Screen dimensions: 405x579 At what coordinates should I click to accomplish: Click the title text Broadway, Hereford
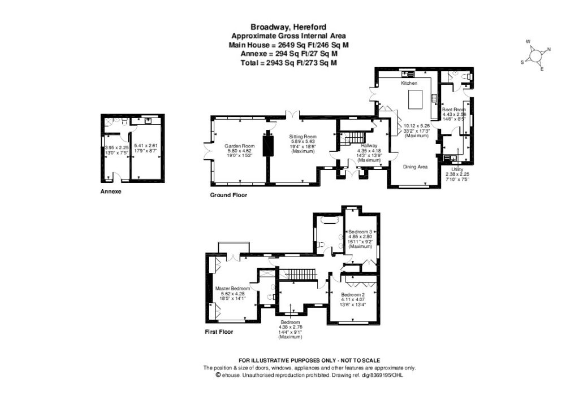coord(289,26)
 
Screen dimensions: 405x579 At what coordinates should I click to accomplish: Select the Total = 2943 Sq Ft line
coord(289,63)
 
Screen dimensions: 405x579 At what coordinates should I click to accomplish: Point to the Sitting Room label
coord(303,137)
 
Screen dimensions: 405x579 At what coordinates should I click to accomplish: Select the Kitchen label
coord(409,83)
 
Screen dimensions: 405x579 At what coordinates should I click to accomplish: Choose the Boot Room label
coord(453,110)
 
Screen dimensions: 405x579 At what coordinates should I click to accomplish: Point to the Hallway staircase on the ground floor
coord(352,138)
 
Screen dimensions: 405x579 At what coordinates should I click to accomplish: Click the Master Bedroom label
coord(232,289)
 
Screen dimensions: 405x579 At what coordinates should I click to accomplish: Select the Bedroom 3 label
coord(360,232)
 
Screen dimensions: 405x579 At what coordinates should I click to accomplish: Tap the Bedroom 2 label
coord(352,294)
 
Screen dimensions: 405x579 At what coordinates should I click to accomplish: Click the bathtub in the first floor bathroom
coord(329,220)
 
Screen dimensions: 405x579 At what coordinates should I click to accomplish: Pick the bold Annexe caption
coord(111,191)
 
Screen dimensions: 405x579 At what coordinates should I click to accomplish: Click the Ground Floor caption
coord(228,195)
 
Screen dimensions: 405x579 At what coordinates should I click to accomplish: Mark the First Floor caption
coord(219,332)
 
